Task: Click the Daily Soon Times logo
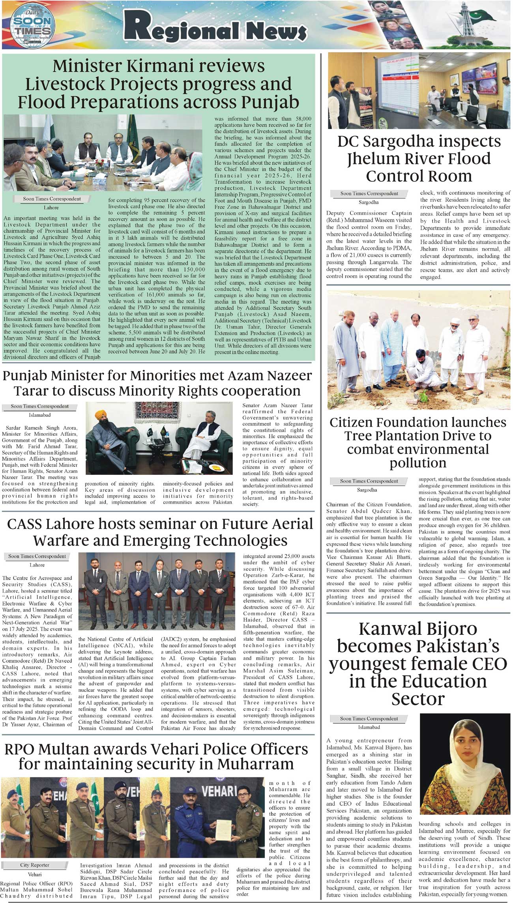pyautogui.click(x=30, y=26)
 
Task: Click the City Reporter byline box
pyautogui.click(x=35, y=865)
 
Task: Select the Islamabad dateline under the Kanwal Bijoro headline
pyautogui.click(x=369, y=727)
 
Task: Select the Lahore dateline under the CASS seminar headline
pyautogui.click(x=37, y=565)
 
